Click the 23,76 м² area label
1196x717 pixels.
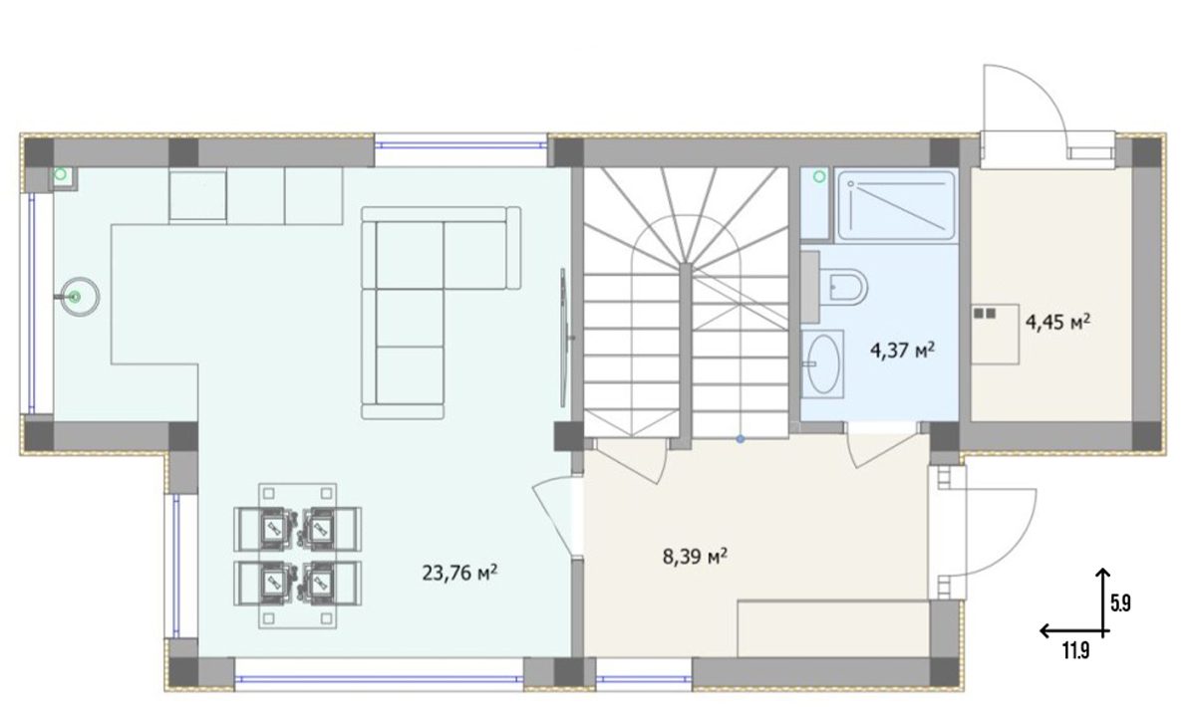tap(459, 573)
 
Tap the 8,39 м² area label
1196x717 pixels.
tap(695, 557)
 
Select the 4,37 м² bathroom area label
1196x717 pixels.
tap(902, 351)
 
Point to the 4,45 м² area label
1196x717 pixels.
tap(1057, 323)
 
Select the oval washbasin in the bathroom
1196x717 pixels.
tap(823, 363)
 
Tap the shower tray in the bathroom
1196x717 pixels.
tap(896, 205)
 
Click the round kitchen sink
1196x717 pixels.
tap(80, 297)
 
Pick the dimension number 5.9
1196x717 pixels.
tap(1120, 603)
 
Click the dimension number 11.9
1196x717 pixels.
tap(1075, 651)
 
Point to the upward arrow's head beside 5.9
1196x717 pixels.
tap(1102, 572)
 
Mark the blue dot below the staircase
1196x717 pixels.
tap(740, 439)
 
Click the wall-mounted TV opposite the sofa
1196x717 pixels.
tap(564, 338)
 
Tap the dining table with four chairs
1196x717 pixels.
tap(297, 556)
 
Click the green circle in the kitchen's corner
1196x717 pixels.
tap(61, 174)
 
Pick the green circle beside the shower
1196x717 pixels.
tap(819, 176)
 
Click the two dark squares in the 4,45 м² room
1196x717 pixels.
tap(985, 313)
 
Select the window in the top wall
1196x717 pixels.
tap(460, 144)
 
